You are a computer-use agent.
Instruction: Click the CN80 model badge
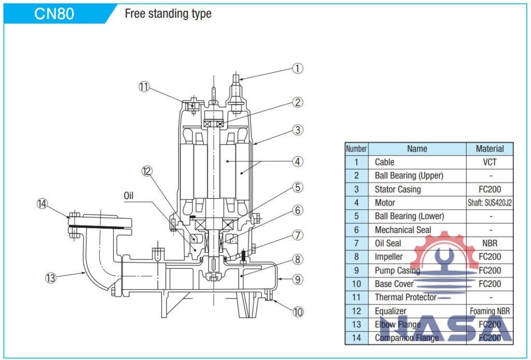[54, 13]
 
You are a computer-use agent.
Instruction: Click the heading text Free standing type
[168, 13]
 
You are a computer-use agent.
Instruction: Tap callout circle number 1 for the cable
[297, 68]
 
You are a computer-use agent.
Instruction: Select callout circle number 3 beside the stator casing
[297, 130]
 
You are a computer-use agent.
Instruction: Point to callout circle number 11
[144, 86]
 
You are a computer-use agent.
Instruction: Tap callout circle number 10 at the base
[297, 312]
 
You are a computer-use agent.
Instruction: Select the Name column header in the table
[417, 149]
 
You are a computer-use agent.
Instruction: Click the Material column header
[490, 149]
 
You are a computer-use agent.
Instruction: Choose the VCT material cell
[490, 162]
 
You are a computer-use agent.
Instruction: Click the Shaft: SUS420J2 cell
[490, 203]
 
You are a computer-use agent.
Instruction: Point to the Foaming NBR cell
[490, 311]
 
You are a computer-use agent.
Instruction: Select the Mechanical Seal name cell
[403, 230]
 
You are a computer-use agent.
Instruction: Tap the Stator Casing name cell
[398, 189]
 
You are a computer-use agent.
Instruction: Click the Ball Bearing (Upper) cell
[409, 176]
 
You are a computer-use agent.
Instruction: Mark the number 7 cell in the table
[356, 243]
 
